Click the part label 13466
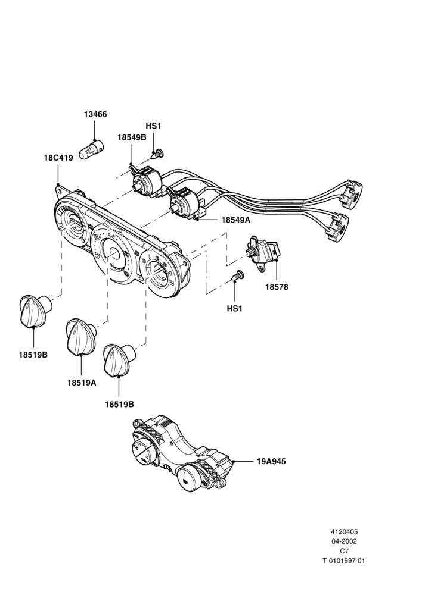[x=95, y=114]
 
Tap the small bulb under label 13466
[x=92, y=149]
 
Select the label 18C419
[x=58, y=158]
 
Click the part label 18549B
[x=132, y=137]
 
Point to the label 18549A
[x=235, y=220]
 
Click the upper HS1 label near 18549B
[x=153, y=126]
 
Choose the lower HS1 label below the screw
[x=235, y=308]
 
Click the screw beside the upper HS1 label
[x=157, y=154]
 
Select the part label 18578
[x=277, y=287]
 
